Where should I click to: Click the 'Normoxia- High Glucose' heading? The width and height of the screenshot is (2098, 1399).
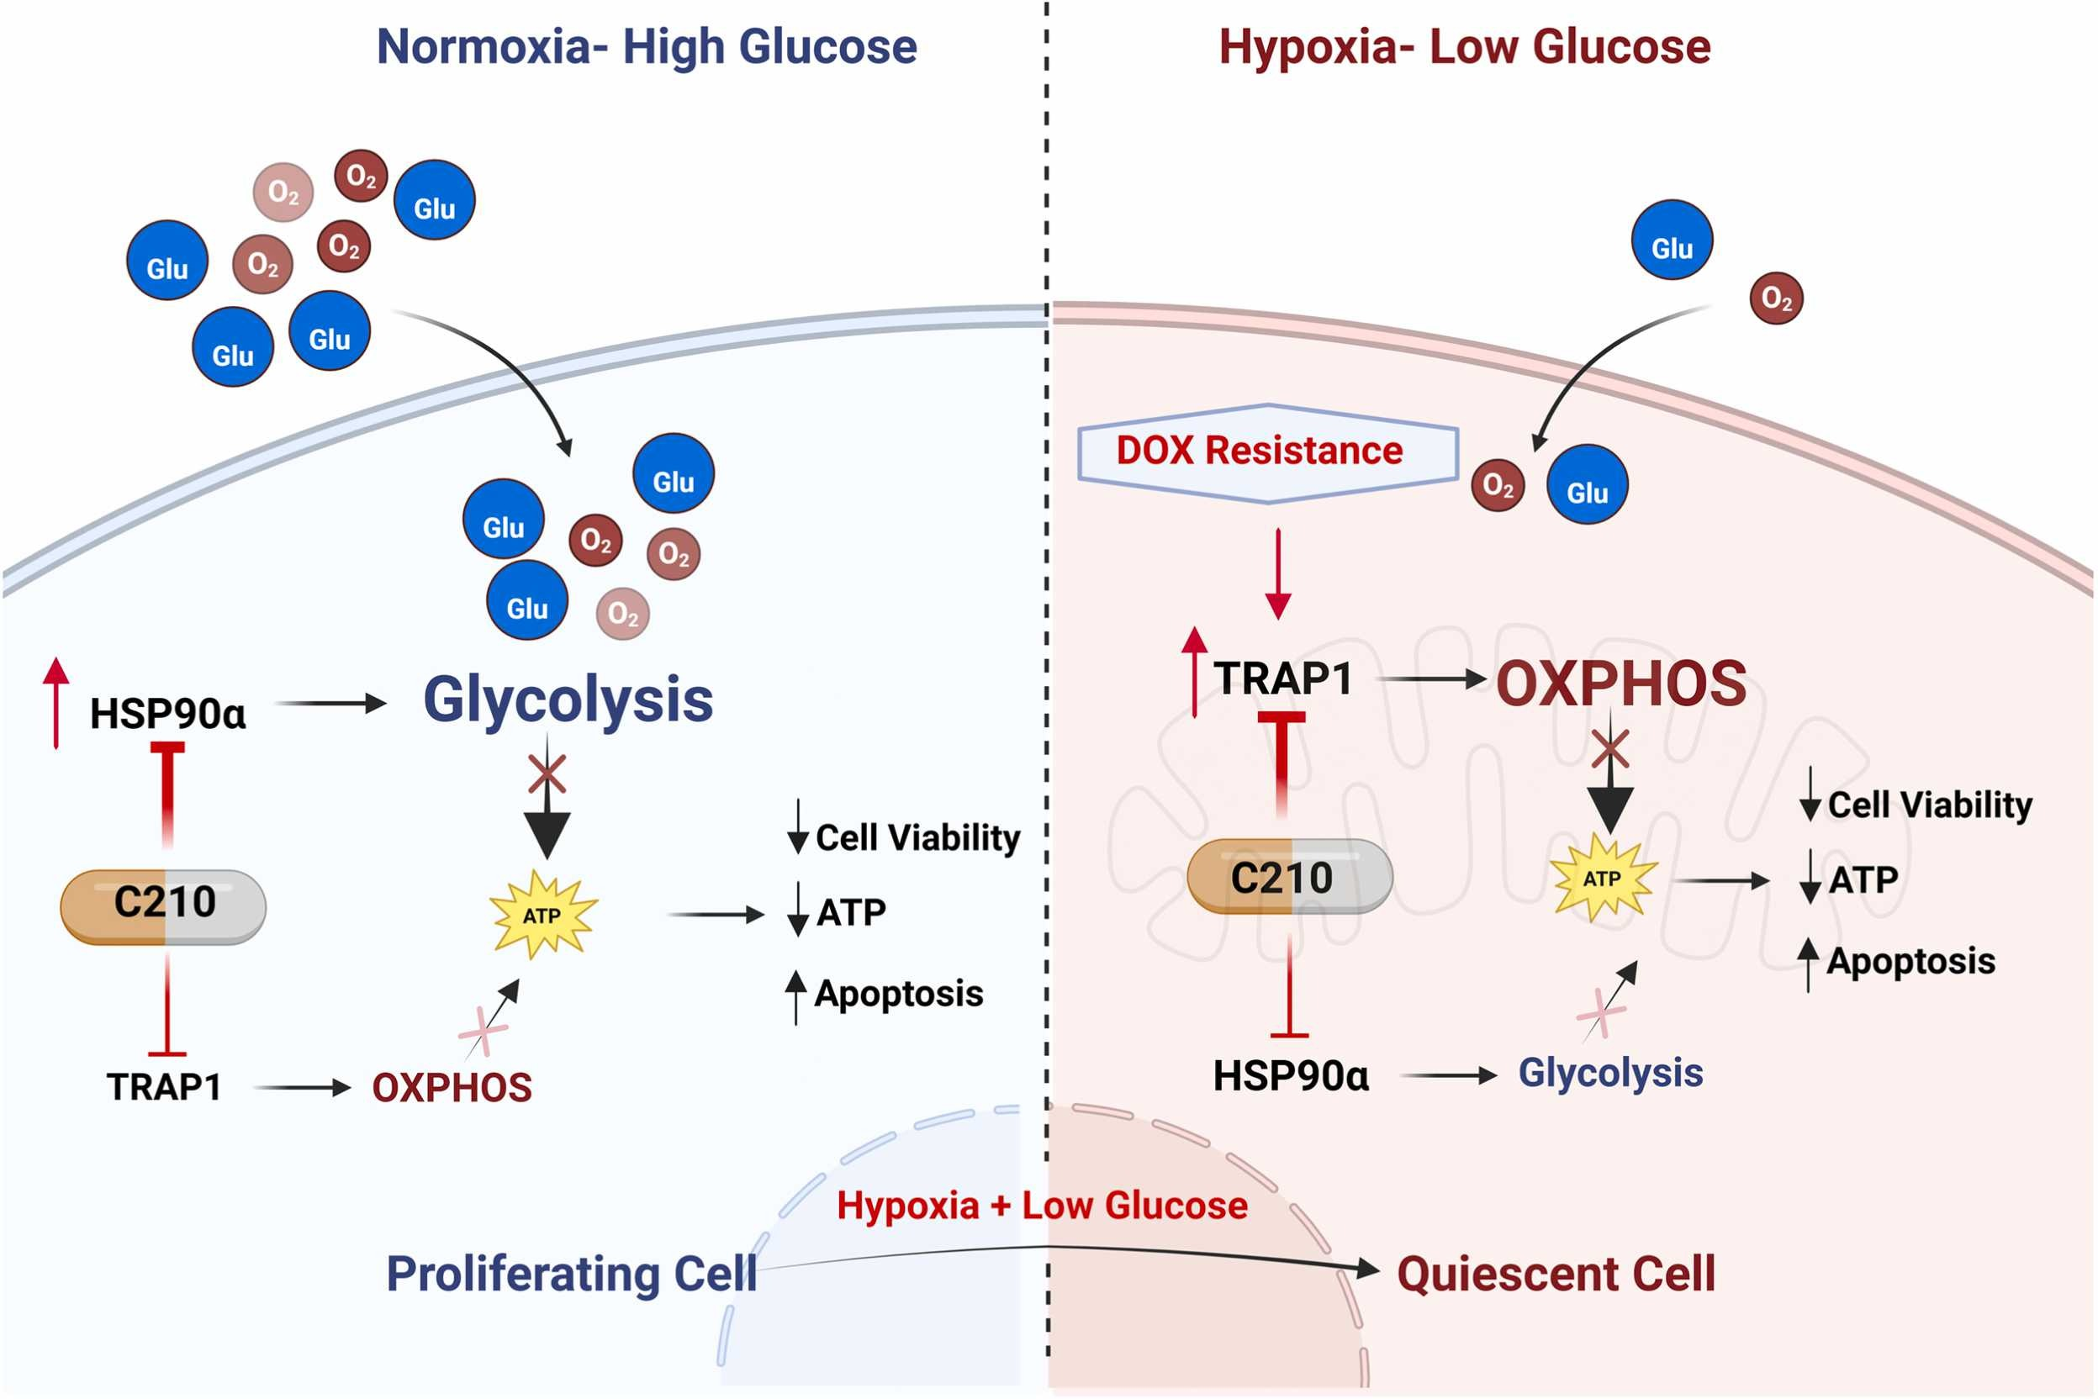(647, 46)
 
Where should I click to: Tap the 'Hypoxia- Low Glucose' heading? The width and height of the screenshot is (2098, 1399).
(1465, 46)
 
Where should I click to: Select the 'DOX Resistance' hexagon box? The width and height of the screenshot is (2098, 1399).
(1268, 453)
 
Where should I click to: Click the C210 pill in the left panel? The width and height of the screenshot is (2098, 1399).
(163, 906)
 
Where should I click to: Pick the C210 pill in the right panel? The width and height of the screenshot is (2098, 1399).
(1290, 876)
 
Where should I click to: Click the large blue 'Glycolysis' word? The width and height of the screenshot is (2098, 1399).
(568, 701)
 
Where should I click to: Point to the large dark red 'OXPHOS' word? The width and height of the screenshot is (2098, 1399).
(1621, 684)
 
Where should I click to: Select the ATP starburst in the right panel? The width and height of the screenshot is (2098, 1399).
(1604, 879)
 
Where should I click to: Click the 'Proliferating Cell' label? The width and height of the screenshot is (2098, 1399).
(571, 1273)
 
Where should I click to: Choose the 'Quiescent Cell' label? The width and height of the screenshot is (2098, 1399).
(1556, 1273)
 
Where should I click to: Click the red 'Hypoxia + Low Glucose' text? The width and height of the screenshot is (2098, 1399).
(1043, 1206)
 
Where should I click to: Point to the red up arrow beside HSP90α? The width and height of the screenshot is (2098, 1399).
(56, 703)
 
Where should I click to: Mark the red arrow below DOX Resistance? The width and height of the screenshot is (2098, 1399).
(1279, 573)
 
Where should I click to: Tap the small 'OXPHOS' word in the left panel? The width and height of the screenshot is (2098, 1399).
(452, 1088)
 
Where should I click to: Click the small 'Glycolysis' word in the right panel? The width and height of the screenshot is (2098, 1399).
(1611, 1074)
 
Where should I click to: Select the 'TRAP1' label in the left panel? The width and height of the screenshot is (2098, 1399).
(164, 1088)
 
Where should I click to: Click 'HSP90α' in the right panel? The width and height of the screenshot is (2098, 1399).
(1291, 1076)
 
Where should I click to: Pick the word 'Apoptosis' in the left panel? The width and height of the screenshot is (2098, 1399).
(899, 994)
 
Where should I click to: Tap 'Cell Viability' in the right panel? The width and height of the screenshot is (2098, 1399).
(1930, 805)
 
